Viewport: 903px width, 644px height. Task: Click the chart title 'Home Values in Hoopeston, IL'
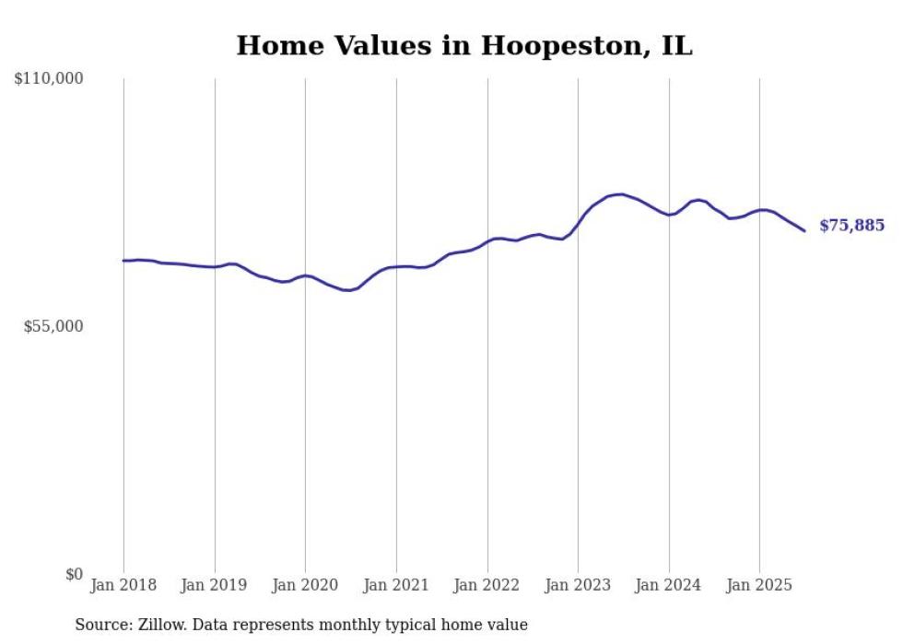[463, 46]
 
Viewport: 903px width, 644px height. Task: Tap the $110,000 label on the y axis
[49, 79]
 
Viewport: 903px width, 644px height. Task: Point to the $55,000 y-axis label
[53, 326]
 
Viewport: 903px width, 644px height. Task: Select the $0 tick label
[74, 574]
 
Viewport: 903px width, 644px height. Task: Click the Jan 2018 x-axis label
[123, 585]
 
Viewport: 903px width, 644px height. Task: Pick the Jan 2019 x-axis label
[215, 585]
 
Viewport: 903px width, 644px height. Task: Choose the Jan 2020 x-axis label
[305, 585]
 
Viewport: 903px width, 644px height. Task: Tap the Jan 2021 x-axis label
[396, 585]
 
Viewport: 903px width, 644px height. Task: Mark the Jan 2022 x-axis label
[487, 585]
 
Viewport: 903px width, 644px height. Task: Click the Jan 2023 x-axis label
[578, 585]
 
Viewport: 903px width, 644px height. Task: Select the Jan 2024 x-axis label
[669, 585]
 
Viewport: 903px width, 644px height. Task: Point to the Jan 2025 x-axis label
[759, 585]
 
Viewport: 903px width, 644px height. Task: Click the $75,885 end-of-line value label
[851, 226]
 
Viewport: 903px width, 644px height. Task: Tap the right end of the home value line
[804, 230]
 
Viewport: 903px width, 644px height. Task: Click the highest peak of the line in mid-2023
[622, 194]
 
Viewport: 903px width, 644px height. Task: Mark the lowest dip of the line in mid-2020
[348, 290]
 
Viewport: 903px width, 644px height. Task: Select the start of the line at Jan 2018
[123, 261]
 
